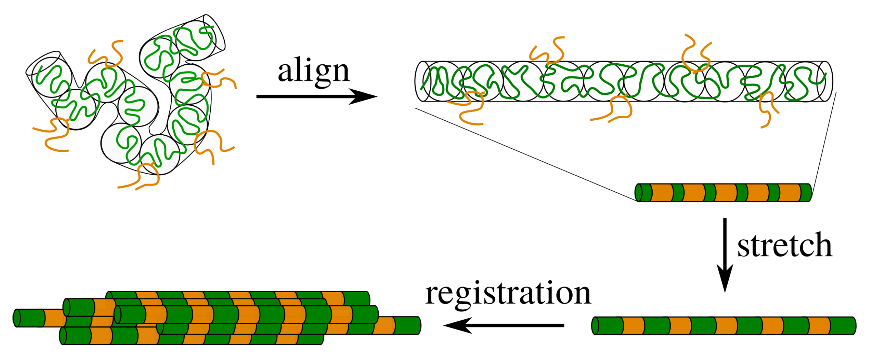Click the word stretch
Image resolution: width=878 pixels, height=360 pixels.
[x=785, y=246]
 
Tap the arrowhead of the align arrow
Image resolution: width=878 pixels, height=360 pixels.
[x=364, y=96]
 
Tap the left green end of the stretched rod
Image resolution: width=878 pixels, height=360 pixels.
[x=607, y=326]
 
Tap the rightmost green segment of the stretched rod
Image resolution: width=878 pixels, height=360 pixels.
[x=842, y=326]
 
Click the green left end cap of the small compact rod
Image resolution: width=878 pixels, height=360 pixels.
[x=639, y=193]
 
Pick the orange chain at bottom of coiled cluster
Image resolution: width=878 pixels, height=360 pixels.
[x=143, y=179]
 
